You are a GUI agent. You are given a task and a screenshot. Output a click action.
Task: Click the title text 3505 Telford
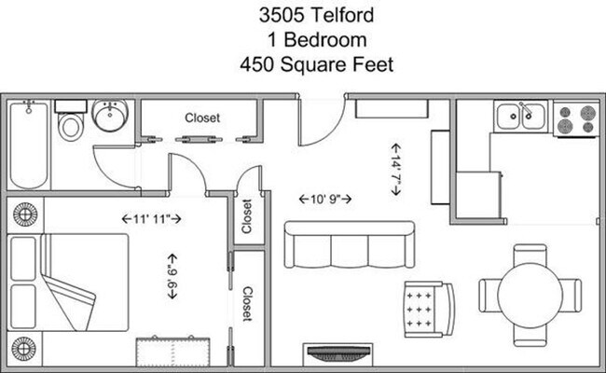(x=303, y=16)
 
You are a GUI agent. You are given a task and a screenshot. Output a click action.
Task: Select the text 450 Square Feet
(x=303, y=66)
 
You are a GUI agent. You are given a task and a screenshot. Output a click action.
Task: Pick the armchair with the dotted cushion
(x=428, y=309)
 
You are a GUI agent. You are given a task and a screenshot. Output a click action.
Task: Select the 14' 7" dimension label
(x=395, y=169)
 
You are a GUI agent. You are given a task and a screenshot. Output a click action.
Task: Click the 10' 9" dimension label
(x=325, y=200)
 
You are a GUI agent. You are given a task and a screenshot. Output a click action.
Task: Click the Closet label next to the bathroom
(x=201, y=118)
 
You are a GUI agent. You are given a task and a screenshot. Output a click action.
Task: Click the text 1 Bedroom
(x=303, y=41)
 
